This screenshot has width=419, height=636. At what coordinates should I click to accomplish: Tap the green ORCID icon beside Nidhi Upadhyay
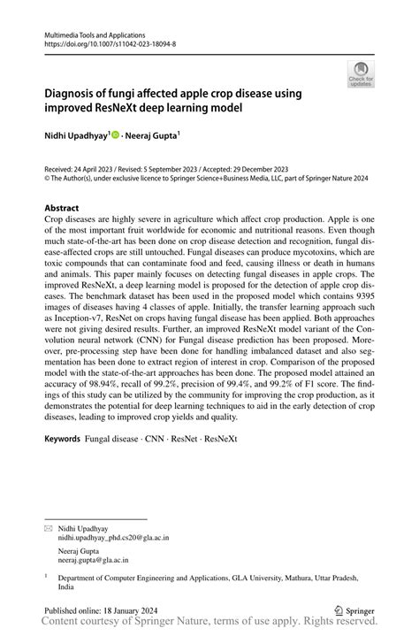[x=116, y=135]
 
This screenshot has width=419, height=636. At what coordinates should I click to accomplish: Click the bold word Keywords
[x=63, y=439]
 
